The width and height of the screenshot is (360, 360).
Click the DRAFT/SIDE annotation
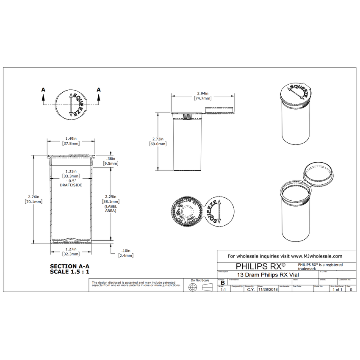tap(71, 186)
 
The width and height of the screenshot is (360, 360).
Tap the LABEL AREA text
tap(110, 208)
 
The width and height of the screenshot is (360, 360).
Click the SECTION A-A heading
tap(69, 266)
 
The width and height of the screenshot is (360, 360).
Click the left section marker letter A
tap(43, 89)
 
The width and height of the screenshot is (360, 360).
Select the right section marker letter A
tap(99, 89)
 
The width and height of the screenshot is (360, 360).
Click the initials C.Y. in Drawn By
tap(251, 290)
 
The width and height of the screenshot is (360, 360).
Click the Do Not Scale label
tap(200, 280)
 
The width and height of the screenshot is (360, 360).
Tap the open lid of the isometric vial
tap(318, 173)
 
